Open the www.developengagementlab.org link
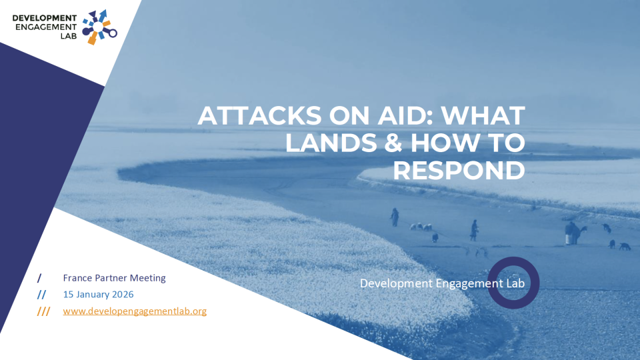point(135,311)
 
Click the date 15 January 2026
point(99,294)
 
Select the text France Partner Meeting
point(115,277)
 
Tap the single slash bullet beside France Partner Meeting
point(39,277)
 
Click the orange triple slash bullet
point(43,311)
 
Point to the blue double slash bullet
point(41,294)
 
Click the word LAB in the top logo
point(69,37)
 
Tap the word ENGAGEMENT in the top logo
point(45,27)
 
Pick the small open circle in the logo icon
point(113,32)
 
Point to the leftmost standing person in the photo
point(395,217)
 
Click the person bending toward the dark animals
point(572,233)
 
